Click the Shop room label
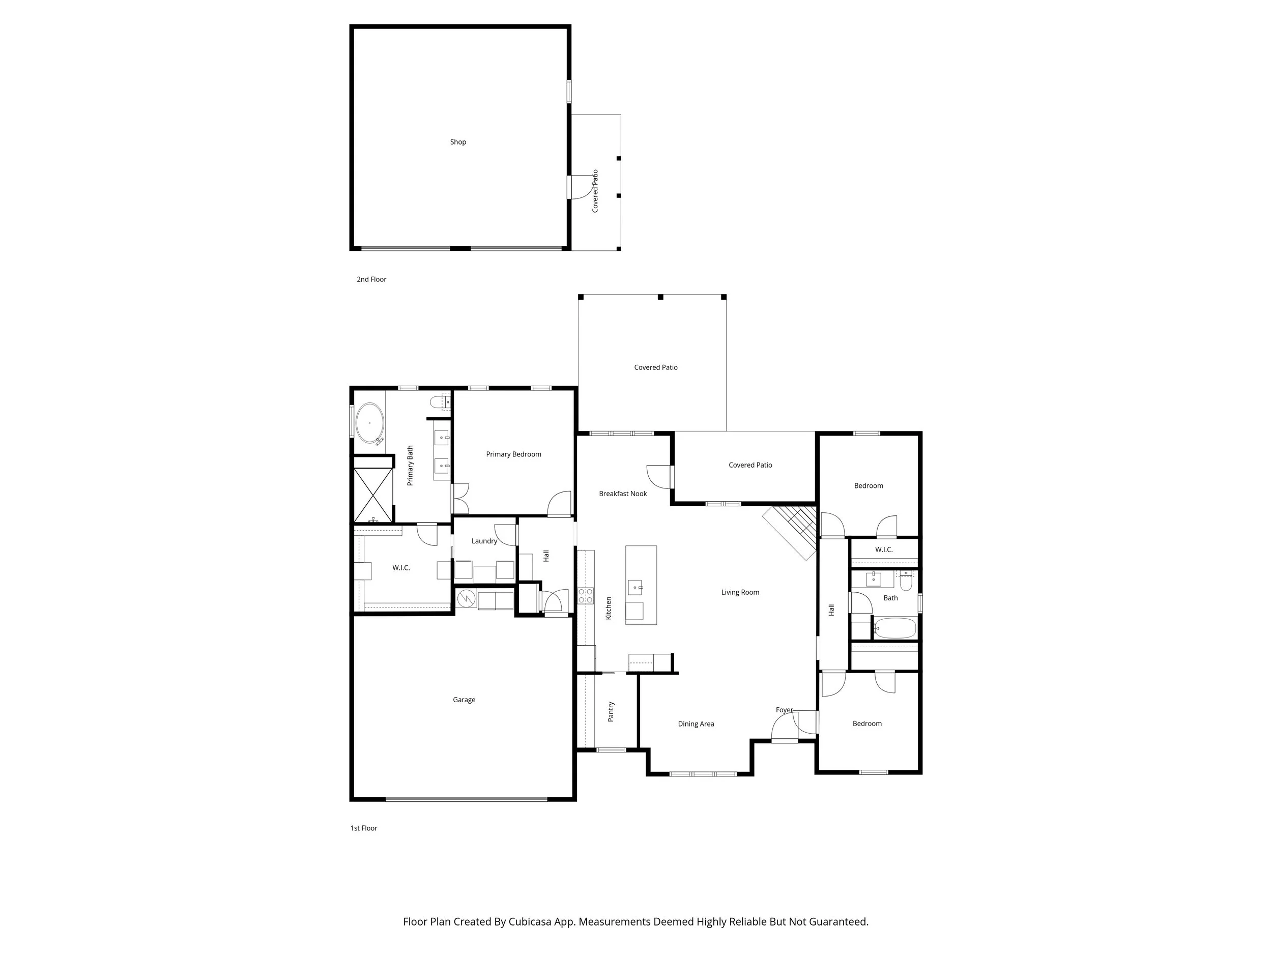[458, 142]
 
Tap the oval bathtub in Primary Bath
[369, 423]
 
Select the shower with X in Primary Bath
[372, 495]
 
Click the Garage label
[464, 700]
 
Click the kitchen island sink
[635, 587]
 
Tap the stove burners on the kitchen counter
[586, 595]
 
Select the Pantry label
[611, 711]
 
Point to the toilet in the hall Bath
[906, 582]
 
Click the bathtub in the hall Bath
[894, 628]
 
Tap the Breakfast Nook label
[622, 494]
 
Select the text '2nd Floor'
[371, 279]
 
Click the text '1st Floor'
[363, 828]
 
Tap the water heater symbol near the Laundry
[466, 599]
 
